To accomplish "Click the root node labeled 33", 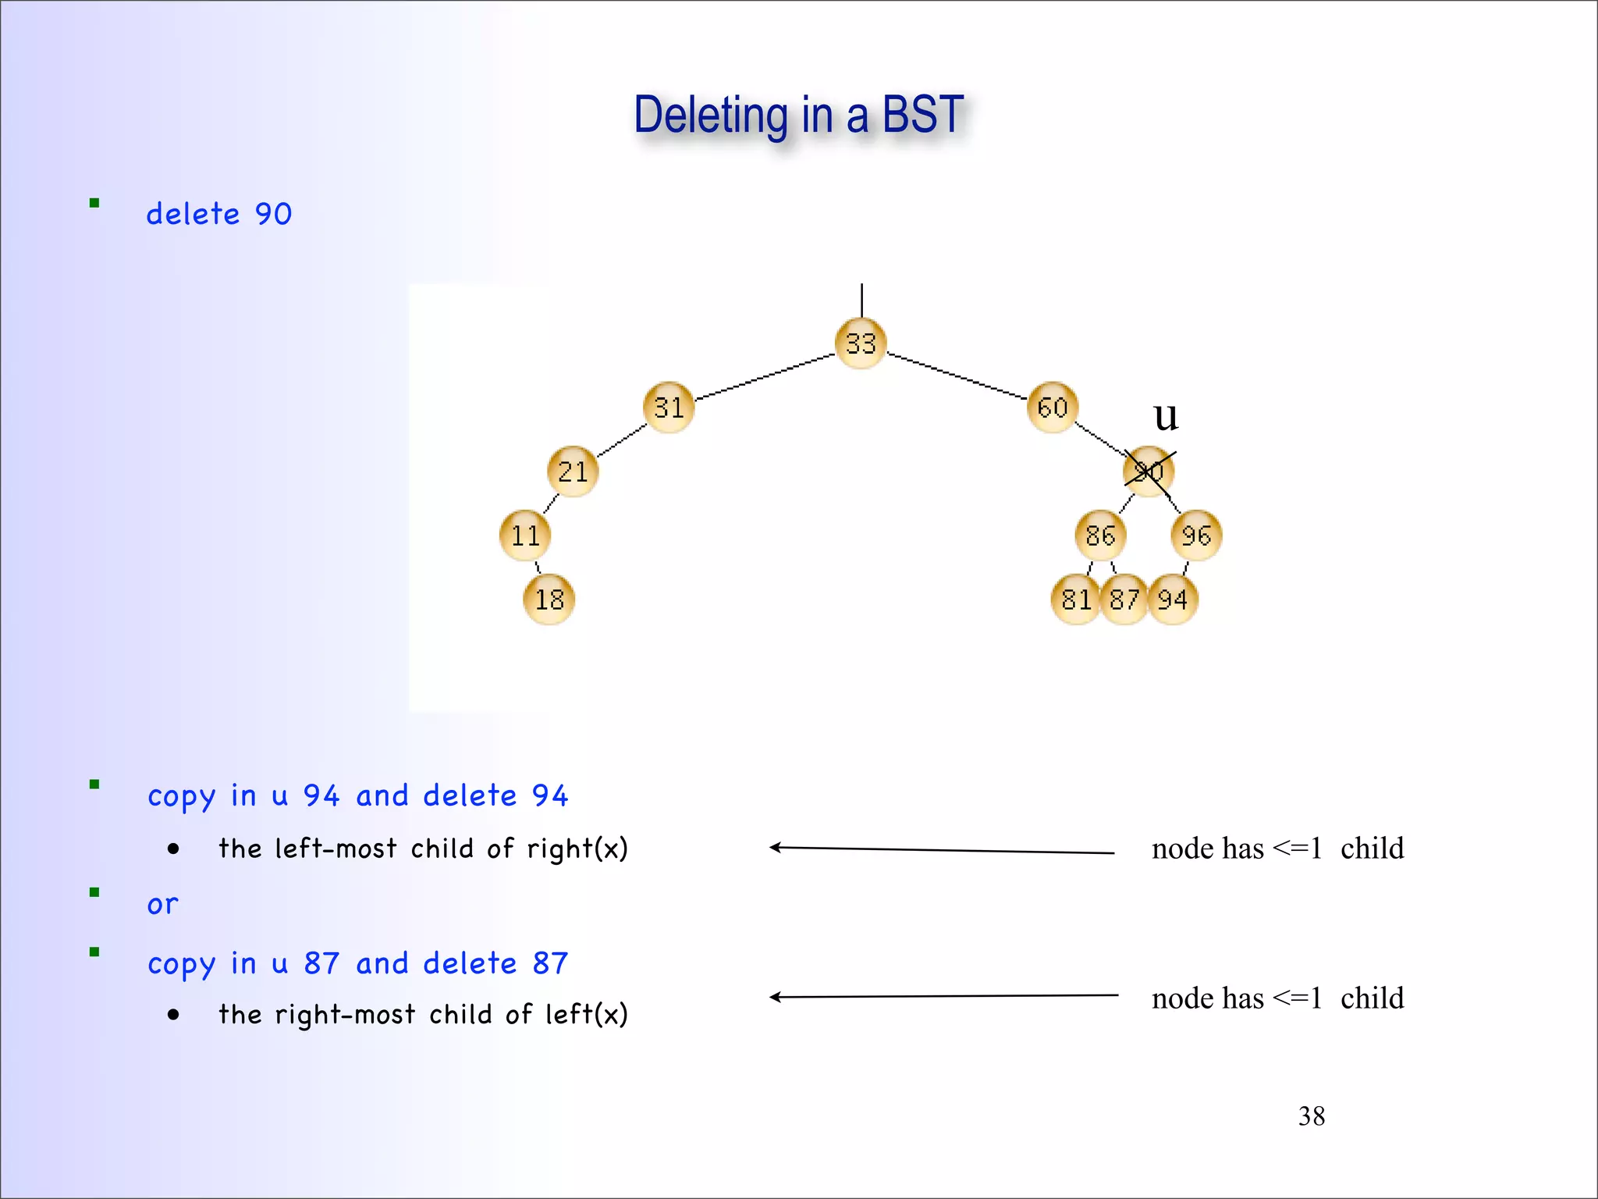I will (861, 343).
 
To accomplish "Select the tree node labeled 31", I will (669, 407).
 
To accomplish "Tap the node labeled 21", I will (573, 471).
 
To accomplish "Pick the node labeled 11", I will (525, 535).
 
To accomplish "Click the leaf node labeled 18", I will (549, 599).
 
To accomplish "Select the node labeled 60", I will (1053, 407).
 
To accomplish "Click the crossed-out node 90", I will (1149, 471).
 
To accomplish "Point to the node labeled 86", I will (1100, 535).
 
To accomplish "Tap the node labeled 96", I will (1196, 535).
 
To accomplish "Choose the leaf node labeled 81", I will (1076, 599).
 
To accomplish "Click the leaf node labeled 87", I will (1124, 599).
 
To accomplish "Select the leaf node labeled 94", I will (1173, 599).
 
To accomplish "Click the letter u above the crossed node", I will (1166, 417).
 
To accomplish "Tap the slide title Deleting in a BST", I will (798, 115).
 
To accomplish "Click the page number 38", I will (1311, 1116).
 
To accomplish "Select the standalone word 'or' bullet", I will (162, 905).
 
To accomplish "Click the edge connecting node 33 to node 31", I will (765, 377).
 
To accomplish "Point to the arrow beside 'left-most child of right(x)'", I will (940, 849).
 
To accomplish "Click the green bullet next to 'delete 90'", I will (94, 203).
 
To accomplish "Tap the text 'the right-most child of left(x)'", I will (423, 1014).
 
